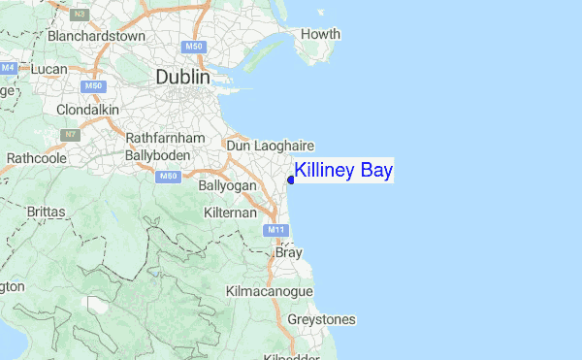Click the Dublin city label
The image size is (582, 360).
point(182,77)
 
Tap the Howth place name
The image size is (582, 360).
point(320,35)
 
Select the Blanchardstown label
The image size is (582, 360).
point(96,37)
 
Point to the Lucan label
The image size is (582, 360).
point(48,70)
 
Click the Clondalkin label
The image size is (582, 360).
point(86,110)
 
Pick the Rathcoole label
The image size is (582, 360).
point(36,157)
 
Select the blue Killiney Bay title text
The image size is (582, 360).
point(344,172)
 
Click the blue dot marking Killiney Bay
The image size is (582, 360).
point(291,180)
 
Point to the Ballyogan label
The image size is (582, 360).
point(227,184)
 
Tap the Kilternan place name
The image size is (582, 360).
point(231,212)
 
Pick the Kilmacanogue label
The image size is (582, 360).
point(269,291)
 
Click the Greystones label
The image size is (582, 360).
point(322,319)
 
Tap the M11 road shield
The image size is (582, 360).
point(275,230)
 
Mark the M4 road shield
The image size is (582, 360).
point(9,68)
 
